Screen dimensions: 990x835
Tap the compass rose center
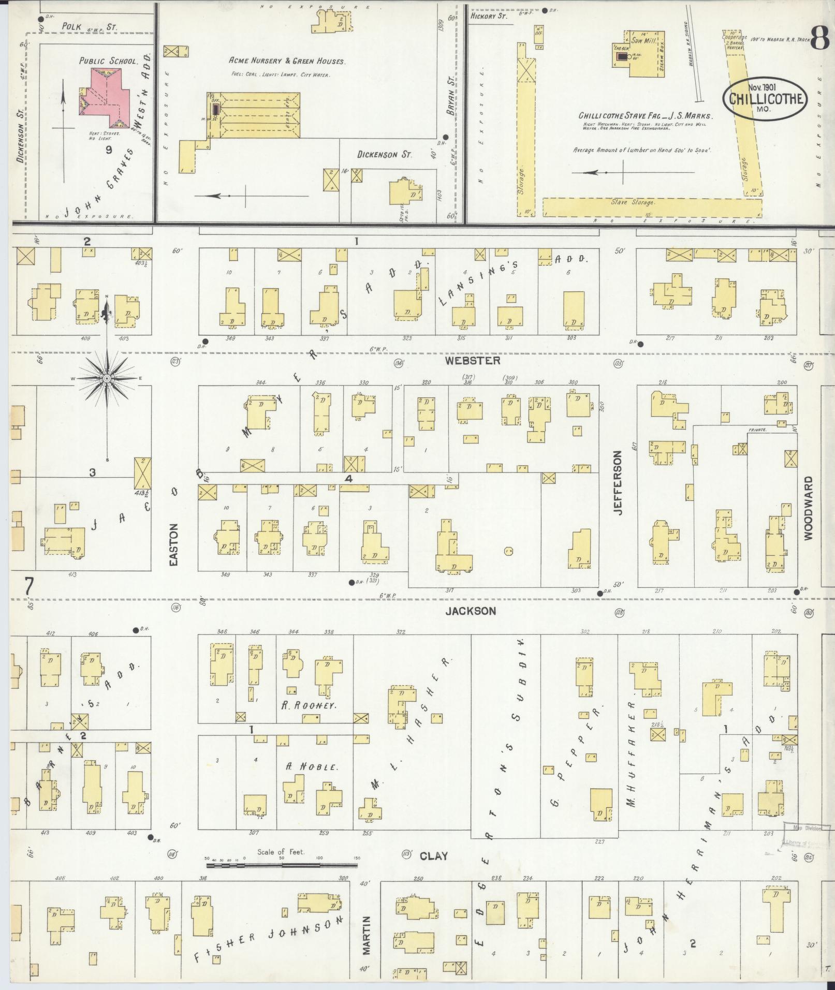coord(107,379)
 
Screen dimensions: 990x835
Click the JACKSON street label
coord(471,611)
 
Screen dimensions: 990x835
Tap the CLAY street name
coord(433,856)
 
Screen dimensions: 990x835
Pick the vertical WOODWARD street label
coord(809,509)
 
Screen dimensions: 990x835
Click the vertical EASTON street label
coord(173,544)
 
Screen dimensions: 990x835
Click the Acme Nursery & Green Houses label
coord(287,61)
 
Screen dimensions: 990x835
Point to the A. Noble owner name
coord(311,767)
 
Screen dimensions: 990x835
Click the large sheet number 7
coord(29,587)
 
